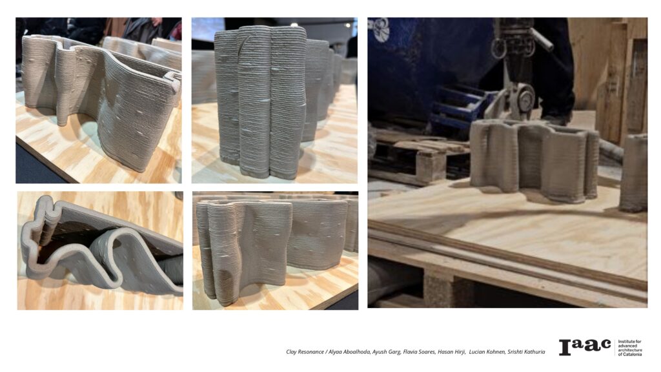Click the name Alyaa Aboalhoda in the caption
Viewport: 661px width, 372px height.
pos(349,352)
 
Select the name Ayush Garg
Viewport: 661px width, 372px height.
pos(386,352)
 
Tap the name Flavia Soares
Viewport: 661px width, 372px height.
pos(419,352)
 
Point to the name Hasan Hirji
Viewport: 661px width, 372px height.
pos(451,352)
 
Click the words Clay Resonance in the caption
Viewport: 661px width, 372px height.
pos(305,352)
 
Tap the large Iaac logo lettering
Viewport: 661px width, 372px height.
pos(585,347)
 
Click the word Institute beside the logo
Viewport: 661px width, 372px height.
pos(626,341)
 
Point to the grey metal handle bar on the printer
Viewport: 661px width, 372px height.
pos(542,39)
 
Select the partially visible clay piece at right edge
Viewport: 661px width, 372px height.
pos(634,173)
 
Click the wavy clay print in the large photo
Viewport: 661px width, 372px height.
pos(534,160)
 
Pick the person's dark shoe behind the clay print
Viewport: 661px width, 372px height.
pos(557,119)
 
